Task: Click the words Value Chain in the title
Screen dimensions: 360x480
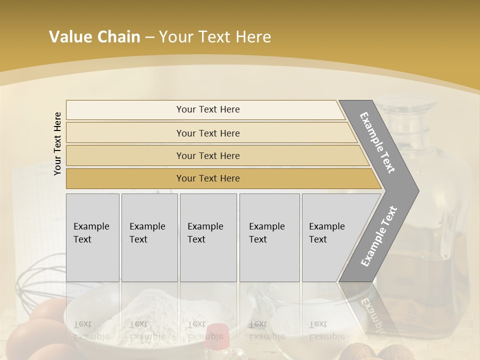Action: tap(94, 37)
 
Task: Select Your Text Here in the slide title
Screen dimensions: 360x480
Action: tap(215, 37)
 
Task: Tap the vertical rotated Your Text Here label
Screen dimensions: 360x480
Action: tap(57, 143)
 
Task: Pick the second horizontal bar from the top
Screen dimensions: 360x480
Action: tap(208, 133)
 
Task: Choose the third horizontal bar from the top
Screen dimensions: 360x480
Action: tap(208, 155)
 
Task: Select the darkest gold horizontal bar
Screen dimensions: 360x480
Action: tap(208, 178)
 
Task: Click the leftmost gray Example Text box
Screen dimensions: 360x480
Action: tap(92, 237)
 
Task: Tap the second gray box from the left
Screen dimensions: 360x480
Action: tap(149, 237)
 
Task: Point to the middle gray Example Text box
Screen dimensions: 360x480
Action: tap(208, 237)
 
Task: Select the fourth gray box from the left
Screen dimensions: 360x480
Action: tap(269, 237)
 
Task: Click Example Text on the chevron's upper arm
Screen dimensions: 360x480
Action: tap(377, 142)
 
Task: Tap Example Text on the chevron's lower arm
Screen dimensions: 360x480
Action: tap(378, 236)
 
